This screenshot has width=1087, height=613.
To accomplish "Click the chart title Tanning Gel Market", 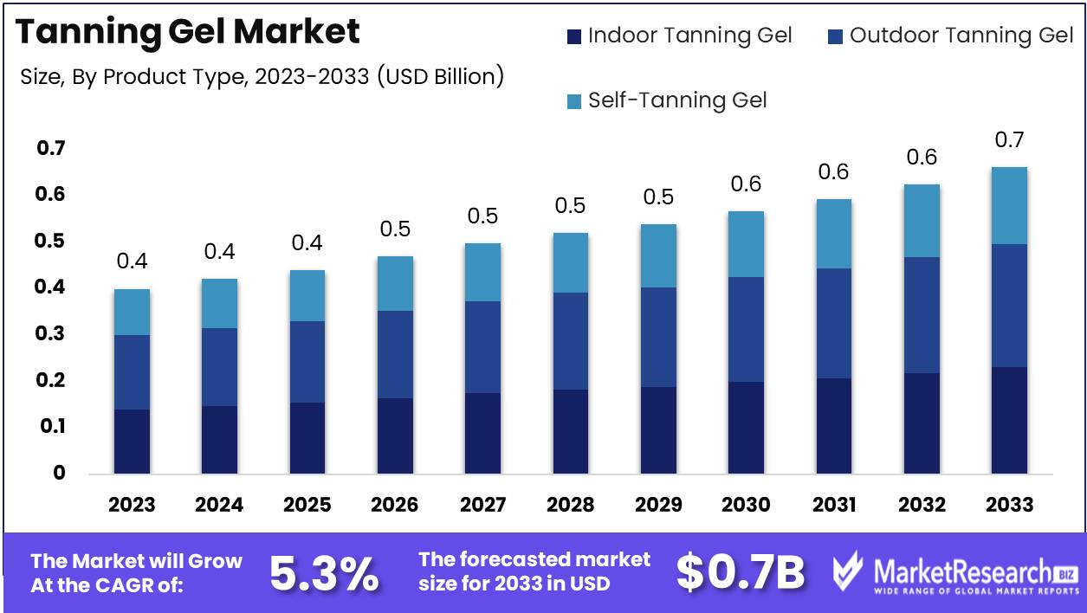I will tap(188, 32).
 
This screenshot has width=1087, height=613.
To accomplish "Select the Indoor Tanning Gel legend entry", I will tap(680, 36).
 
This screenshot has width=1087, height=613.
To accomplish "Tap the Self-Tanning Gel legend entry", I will tap(668, 100).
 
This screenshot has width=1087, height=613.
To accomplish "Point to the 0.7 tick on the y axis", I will tap(51, 149).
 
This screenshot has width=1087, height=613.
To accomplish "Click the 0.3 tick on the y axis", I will tap(51, 334).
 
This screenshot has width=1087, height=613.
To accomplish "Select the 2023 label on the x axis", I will tap(132, 505).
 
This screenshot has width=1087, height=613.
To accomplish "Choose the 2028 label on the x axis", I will tap(570, 505).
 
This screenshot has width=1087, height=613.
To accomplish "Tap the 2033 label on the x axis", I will tap(1009, 505).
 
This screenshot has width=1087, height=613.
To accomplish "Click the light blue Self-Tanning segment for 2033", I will tap(1009, 206).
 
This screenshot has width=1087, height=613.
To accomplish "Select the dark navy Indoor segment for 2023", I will tap(132, 442).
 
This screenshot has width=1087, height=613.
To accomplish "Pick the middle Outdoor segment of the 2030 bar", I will tap(746, 330).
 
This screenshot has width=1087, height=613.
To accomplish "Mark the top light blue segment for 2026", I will tap(395, 284).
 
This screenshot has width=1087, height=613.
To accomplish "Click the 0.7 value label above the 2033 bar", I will tap(1009, 139).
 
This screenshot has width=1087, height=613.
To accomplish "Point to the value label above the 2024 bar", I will tap(219, 252).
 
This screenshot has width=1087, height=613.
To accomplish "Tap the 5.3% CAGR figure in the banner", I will tap(324, 573).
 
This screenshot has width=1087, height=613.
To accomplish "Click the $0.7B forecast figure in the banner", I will tap(741, 573).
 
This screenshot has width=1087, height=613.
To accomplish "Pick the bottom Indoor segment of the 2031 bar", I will tap(833, 426).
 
